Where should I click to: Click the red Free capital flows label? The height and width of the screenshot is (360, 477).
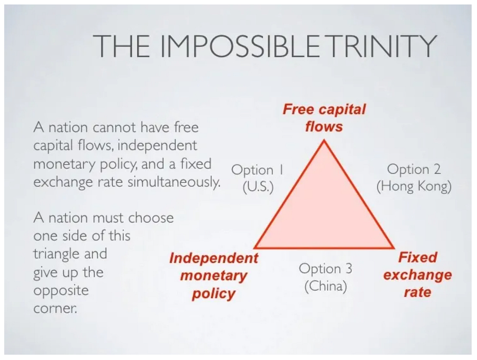(x=324, y=118)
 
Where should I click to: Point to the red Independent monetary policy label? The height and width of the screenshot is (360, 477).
(x=214, y=276)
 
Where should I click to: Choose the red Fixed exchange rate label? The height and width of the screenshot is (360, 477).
(x=418, y=275)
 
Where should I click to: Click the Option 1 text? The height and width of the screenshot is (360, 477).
(x=257, y=170)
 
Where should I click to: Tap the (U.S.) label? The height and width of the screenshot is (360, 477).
(x=258, y=187)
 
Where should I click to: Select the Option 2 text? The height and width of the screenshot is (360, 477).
(x=414, y=169)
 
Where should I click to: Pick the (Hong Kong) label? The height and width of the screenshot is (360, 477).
(x=414, y=186)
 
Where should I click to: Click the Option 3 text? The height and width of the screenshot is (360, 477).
(x=325, y=268)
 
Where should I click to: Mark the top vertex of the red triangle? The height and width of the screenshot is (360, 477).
(x=324, y=141)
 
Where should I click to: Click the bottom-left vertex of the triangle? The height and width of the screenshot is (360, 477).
(x=255, y=247)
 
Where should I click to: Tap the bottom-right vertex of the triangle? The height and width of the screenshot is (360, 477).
(x=393, y=247)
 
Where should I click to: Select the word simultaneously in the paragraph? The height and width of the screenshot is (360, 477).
(x=174, y=182)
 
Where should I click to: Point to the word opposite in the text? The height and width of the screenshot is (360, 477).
(x=61, y=291)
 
